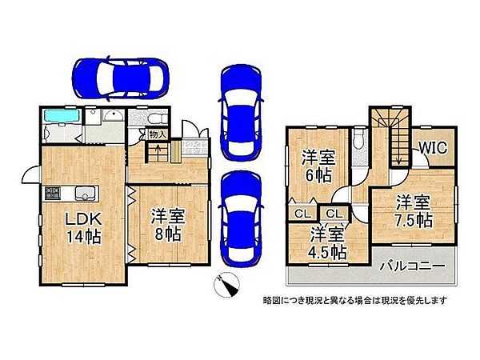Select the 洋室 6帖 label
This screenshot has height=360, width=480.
(318, 166)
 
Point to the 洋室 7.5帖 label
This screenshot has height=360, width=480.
(413, 210)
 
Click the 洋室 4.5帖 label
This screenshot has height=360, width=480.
(328, 242)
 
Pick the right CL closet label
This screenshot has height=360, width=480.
(334, 213)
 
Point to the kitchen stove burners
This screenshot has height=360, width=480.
(53, 193)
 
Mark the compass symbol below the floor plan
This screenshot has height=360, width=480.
(226, 282)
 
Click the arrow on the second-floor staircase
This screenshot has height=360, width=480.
(394, 152)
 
